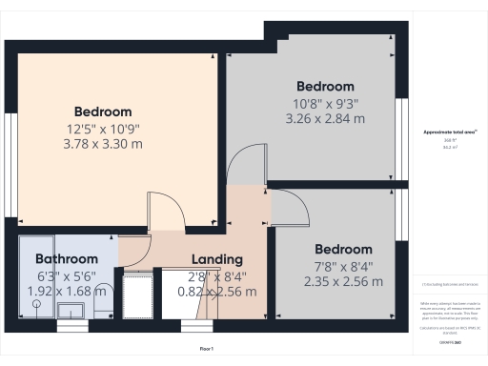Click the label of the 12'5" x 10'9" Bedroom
103,112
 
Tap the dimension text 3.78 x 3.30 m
103,144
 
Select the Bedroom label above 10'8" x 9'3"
325,86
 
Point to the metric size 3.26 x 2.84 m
325,119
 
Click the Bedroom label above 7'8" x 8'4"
343,249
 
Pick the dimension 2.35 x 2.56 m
343,281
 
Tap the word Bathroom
67,259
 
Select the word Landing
217,259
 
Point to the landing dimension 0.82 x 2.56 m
217,292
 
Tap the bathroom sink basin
71,310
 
